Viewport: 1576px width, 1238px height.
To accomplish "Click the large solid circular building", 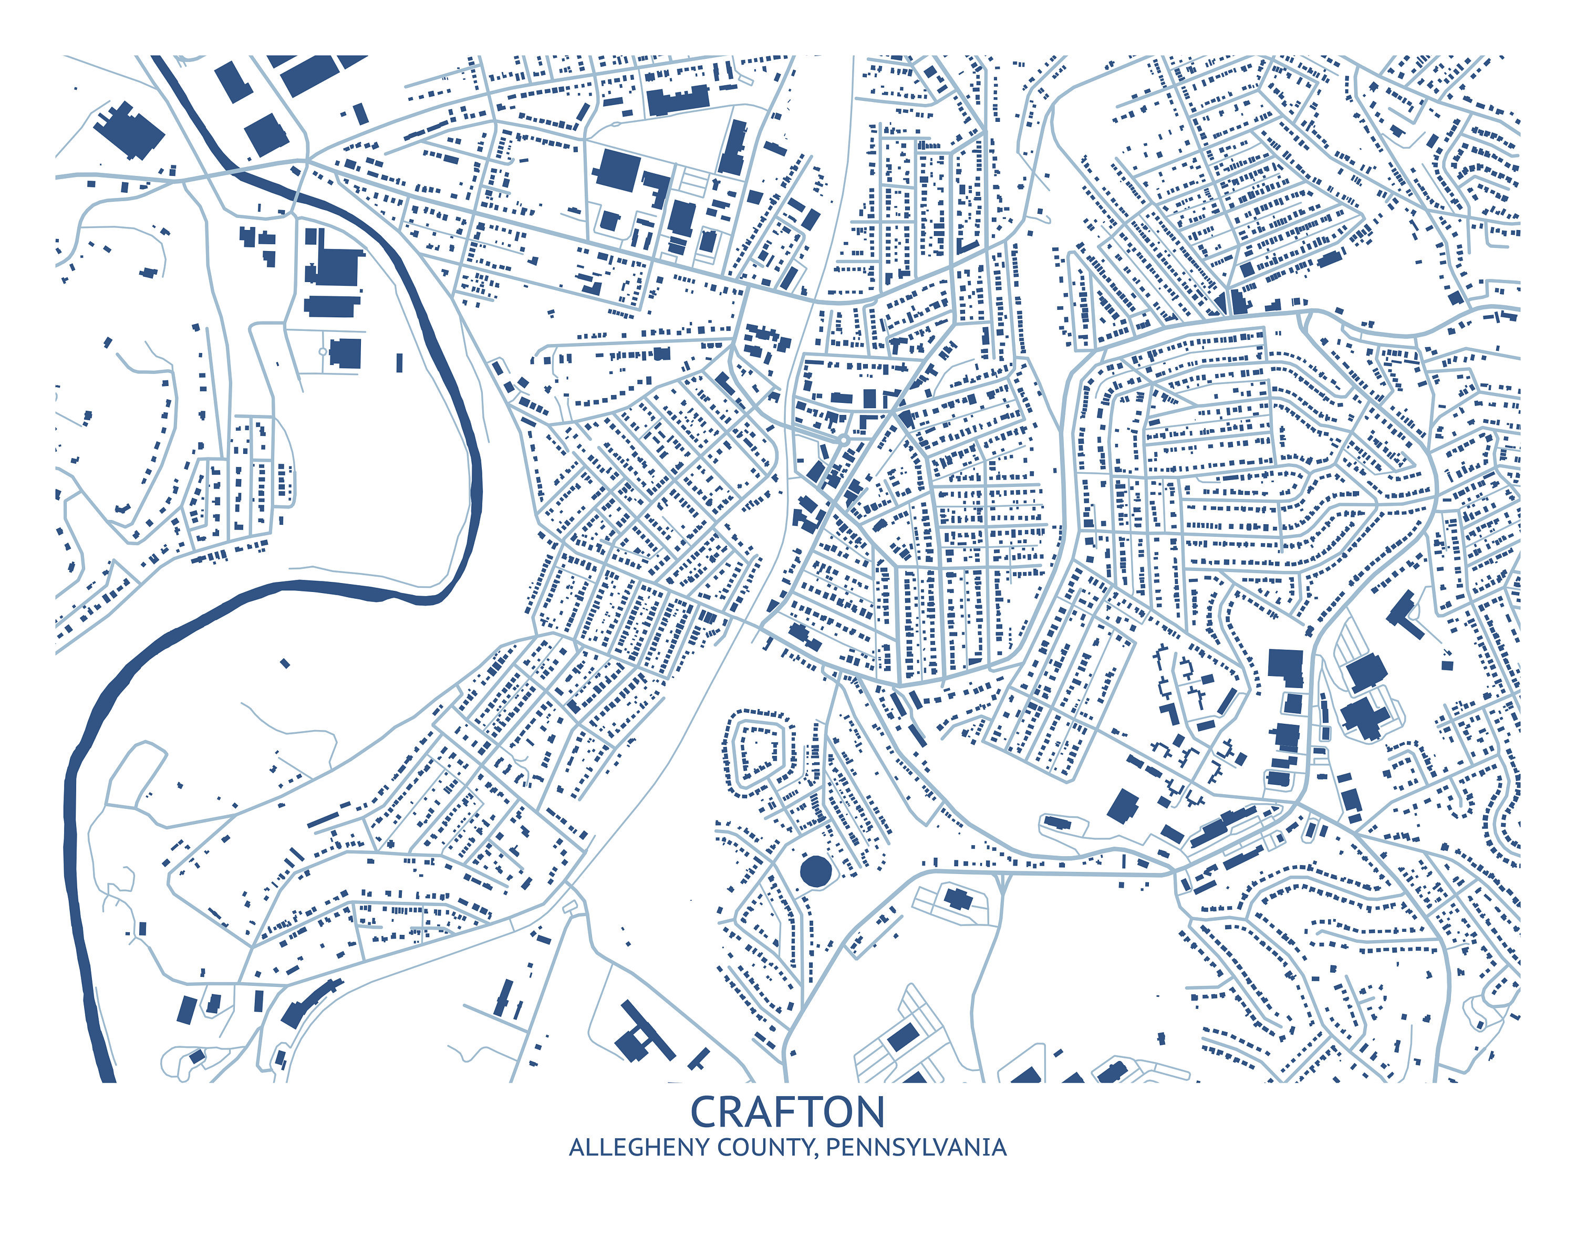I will click(x=815, y=870).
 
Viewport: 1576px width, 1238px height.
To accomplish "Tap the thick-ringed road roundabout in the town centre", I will click(x=843, y=440).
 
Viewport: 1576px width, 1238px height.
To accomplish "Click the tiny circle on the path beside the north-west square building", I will click(x=323, y=351).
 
